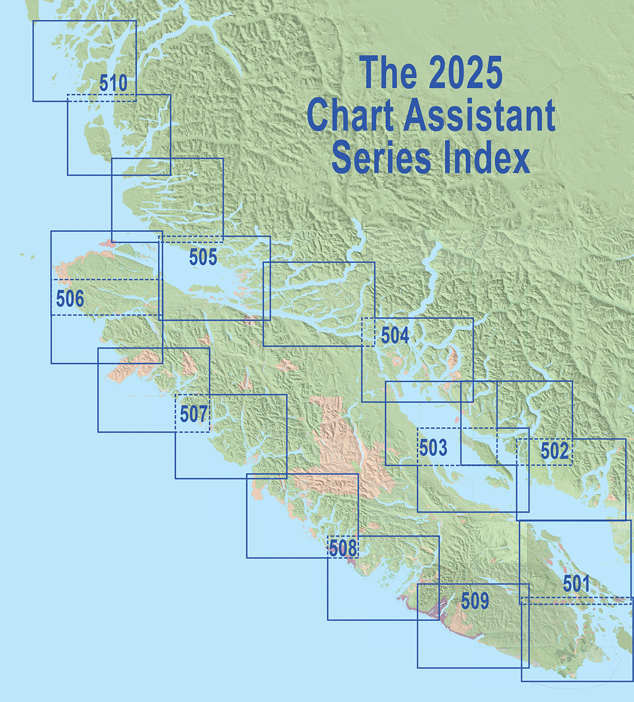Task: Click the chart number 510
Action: coord(113,84)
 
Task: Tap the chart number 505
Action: coord(203,257)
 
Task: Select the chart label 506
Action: coord(70,299)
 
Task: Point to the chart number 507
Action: coord(193,414)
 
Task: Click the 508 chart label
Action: coord(343,548)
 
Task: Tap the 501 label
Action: coord(576,584)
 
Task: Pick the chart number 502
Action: coord(555,451)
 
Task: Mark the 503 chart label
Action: coord(433,448)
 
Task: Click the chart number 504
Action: coord(395,335)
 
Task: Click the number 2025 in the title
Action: coord(465,73)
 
